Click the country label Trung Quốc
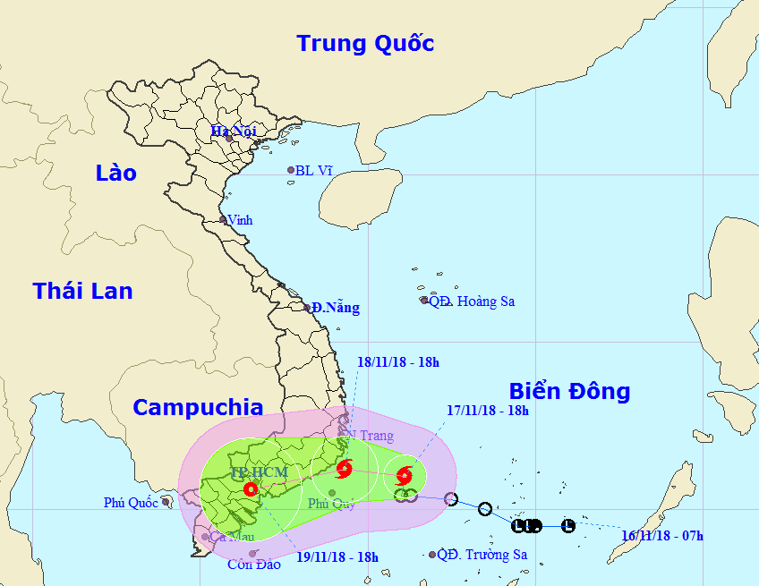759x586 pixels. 365,43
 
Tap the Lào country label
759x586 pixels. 116,174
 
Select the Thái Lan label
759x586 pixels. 82,291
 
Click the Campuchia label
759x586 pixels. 198,408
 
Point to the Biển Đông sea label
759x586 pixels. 569,391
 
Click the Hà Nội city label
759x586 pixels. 234,132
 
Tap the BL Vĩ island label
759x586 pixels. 314,170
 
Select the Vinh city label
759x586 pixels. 240,220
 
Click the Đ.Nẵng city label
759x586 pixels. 337,308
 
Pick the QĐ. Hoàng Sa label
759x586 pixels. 472,301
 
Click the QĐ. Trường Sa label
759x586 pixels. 482,555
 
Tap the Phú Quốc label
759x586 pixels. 130,503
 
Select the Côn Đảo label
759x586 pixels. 250,564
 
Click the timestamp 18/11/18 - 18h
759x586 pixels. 398,362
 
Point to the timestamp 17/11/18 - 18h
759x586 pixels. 488,411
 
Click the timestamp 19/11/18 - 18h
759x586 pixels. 337,556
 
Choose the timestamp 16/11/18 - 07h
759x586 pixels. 662,536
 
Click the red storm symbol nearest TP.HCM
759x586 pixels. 250,489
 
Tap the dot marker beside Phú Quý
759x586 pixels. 332,493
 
